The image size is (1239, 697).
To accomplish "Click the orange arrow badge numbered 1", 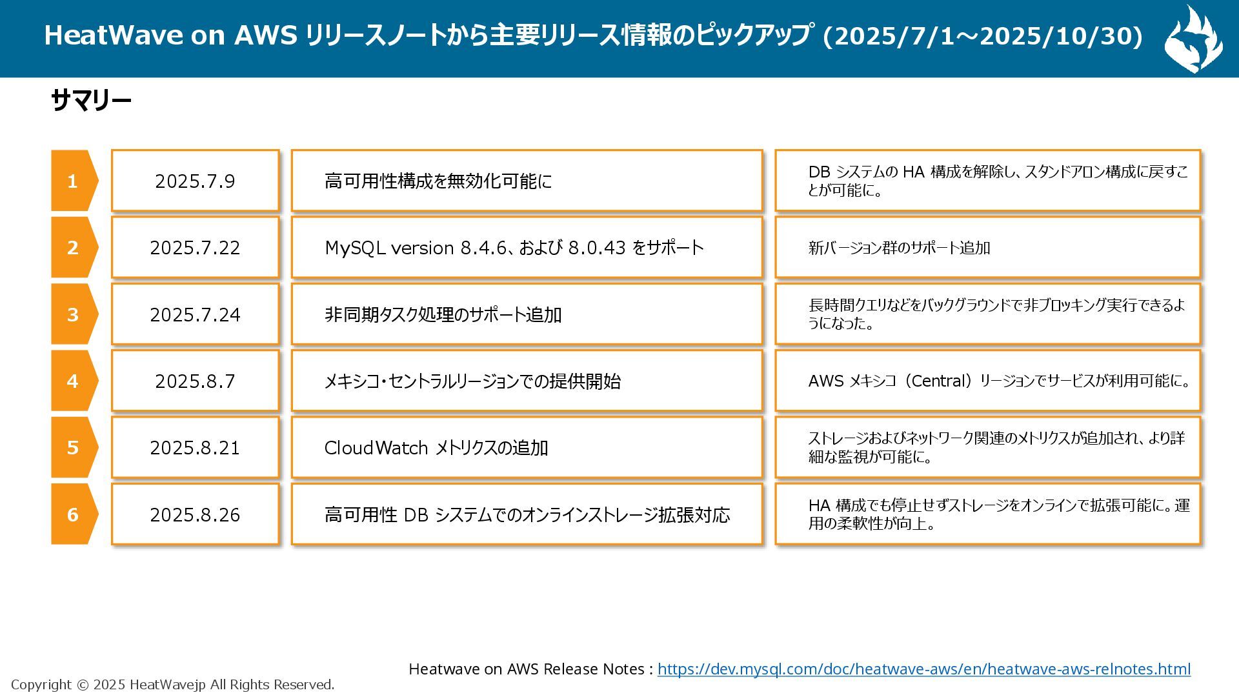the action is [73, 181].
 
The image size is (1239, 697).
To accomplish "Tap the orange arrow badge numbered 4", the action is [73, 381].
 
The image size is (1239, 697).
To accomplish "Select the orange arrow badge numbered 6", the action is [73, 514].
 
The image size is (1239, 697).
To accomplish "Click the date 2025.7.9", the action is [195, 181].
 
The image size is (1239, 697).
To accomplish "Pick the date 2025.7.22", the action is [195, 248].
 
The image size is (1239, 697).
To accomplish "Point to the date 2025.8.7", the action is [195, 381].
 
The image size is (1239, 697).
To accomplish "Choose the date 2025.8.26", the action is [195, 515].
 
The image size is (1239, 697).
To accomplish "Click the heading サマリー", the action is [91, 101].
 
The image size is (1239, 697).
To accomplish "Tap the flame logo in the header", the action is [1193, 39].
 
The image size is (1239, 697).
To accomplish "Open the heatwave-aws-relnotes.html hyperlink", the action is [923, 669].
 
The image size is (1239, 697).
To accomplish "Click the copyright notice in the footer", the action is [172, 685].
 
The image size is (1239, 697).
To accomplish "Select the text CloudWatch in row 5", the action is [376, 448].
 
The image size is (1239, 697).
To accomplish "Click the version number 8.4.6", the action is [483, 248].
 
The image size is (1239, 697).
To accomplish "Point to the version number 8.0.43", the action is [596, 248].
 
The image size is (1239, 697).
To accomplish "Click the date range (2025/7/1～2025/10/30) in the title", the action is [983, 35].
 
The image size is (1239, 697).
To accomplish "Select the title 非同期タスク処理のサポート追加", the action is [443, 315].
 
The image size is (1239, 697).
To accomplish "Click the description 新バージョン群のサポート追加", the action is [899, 248].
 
